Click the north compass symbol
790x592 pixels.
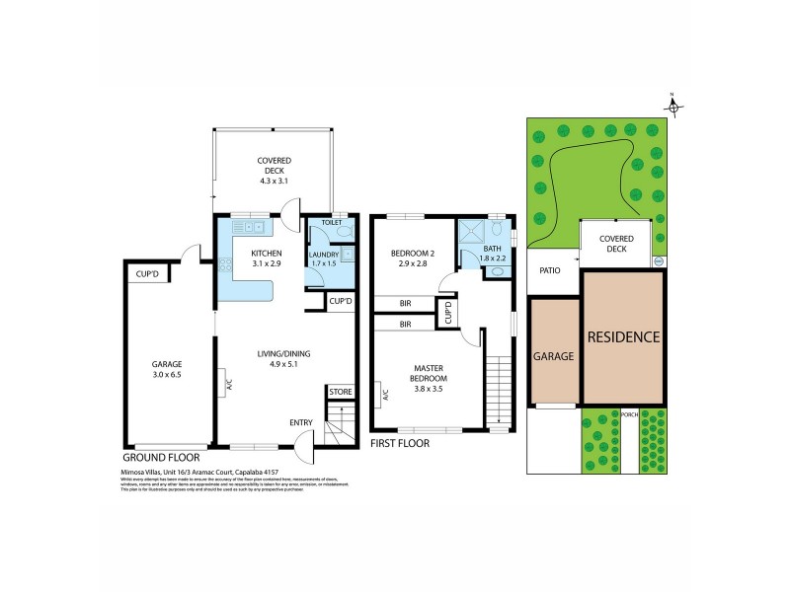pyautogui.click(x=671, y=103)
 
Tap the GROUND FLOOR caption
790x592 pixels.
pyautogui.click(x=161, y=458)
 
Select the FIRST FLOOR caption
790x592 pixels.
pyautogui.click(x=400, y=444)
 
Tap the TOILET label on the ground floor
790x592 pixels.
pyautogui.click(x=330, y=224)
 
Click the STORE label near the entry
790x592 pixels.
pyautogui.click(x=341, y=392)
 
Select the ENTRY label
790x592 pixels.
pyautogui.click(x=302, y=422)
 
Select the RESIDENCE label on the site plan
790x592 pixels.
pyautogui.click(x=623, y=336)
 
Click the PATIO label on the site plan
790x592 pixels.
pyautogui.click(x=551, y=269)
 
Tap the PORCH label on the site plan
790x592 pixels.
pyautogui.click(x=629, y=413)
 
